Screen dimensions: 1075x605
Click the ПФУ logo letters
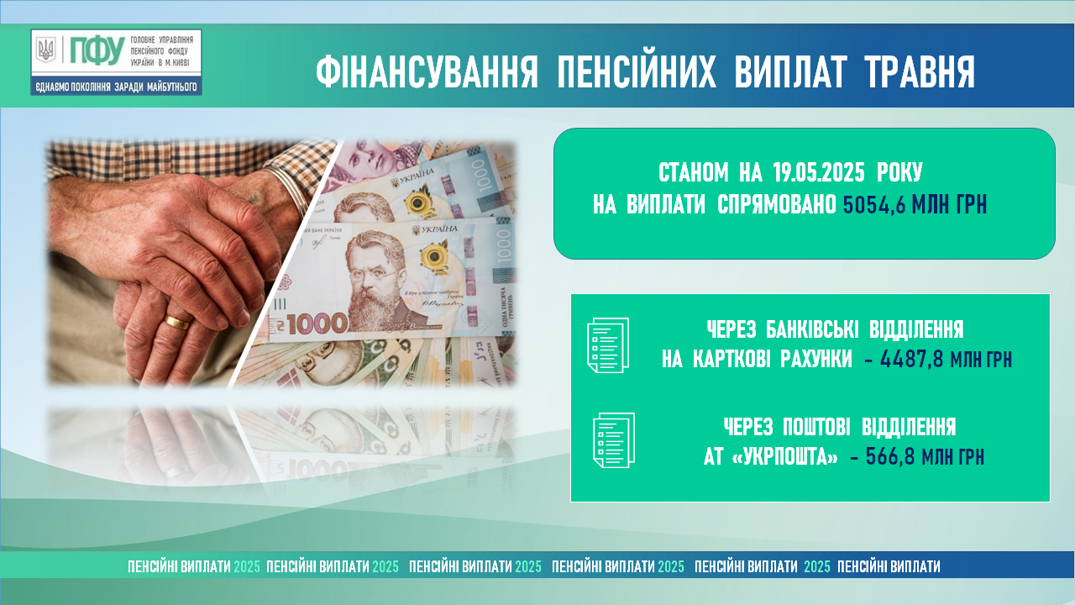tap(97, 50)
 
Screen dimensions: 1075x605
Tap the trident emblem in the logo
tap(46, 50)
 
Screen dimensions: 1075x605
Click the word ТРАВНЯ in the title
tap(920, 71)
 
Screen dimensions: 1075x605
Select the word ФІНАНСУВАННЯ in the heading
tap(427, 71)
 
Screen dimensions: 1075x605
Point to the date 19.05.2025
tap(819, 172)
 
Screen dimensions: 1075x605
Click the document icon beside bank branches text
tap(608, 345)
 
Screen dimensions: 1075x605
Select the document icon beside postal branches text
tap(614, 439)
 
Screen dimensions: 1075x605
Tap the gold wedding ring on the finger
tap(177, 321)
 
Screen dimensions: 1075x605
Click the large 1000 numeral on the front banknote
tap(317, 324)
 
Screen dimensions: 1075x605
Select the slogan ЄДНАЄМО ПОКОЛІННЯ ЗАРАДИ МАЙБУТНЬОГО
tap(116, 87)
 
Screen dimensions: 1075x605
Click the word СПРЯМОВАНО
tap(777, 205)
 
